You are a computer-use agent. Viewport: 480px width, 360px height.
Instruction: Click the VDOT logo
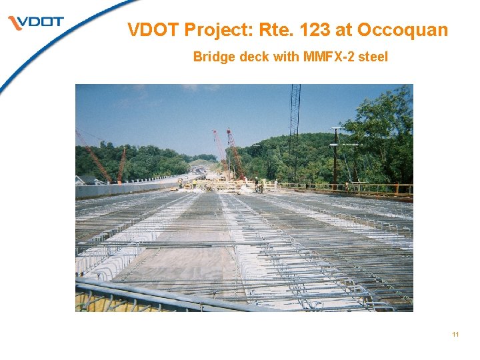[37, 23]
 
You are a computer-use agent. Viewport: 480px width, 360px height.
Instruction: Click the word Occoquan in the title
[403, 30]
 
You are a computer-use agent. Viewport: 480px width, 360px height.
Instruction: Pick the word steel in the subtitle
[373, 57]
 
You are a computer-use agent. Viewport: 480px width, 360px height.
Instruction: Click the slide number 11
[455, 334]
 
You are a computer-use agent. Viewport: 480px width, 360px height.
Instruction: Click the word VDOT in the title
[153, 30]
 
